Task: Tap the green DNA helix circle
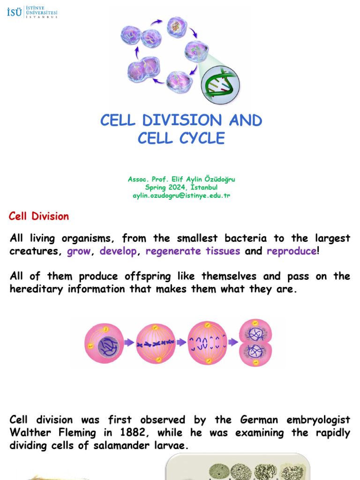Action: click(x=220, y=85)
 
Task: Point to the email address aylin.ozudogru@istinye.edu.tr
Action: click(x=181, y=195)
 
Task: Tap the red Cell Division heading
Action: click(x=39, y=217)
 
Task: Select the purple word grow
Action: click(x=79, y=251)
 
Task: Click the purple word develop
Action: click(x=119, y=251)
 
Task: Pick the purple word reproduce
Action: click(x=292, y=251)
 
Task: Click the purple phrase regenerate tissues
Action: click(x=193, y=251)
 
